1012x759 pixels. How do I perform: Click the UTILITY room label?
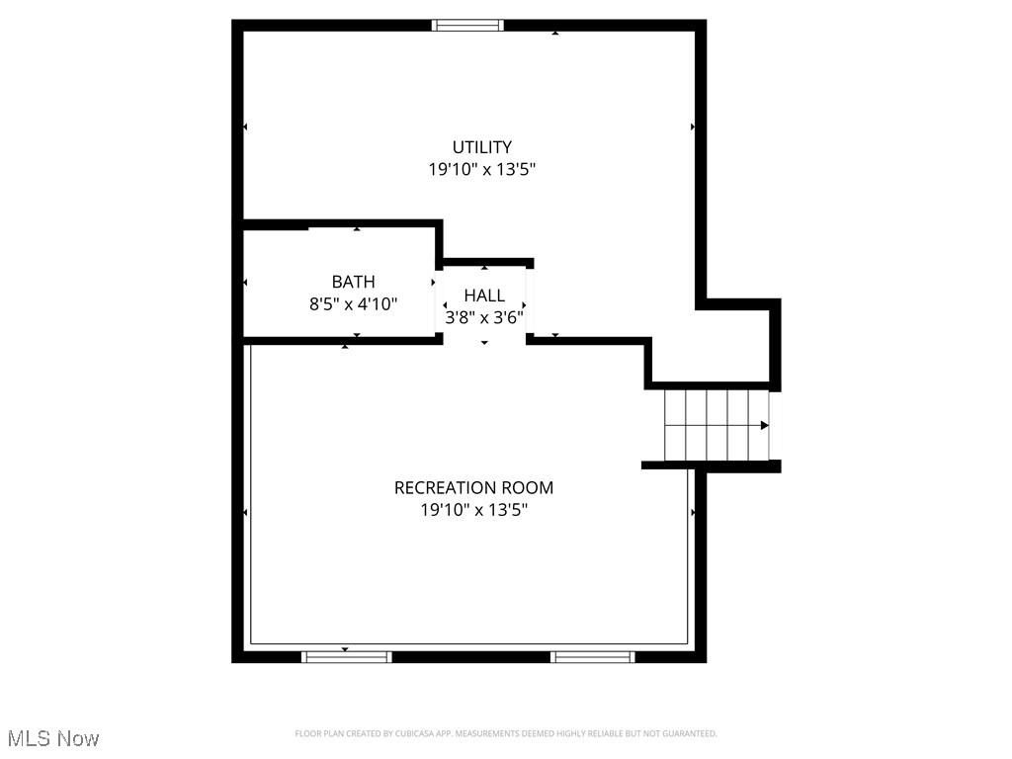[482, 147]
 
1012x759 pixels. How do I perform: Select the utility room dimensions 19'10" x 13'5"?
[482, 169]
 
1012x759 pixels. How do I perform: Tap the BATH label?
[353, 283]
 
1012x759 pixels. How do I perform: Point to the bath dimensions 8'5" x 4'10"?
[353, 304]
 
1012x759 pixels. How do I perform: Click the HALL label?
[484, 295]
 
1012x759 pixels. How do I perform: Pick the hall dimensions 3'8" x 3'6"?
[484, 317]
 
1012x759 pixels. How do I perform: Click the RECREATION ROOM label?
[473, 488]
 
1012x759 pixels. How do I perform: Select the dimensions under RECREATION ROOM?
[473, 510]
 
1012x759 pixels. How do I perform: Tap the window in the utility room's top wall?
[468, 26]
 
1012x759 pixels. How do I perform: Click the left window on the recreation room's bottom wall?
[346, 656]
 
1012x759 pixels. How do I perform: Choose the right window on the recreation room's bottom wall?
[593, 656]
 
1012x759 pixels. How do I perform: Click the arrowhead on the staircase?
[764, 425]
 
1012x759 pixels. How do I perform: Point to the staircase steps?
[717, 425]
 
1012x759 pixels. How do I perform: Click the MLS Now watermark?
[53, 738]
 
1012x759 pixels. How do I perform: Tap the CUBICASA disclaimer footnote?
[506, 733]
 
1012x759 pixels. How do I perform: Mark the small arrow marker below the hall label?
[484, 342]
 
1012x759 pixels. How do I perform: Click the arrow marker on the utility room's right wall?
[692, 126]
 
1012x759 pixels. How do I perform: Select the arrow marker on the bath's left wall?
[245, 284]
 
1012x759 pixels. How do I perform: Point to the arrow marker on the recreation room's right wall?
[693, 512]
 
